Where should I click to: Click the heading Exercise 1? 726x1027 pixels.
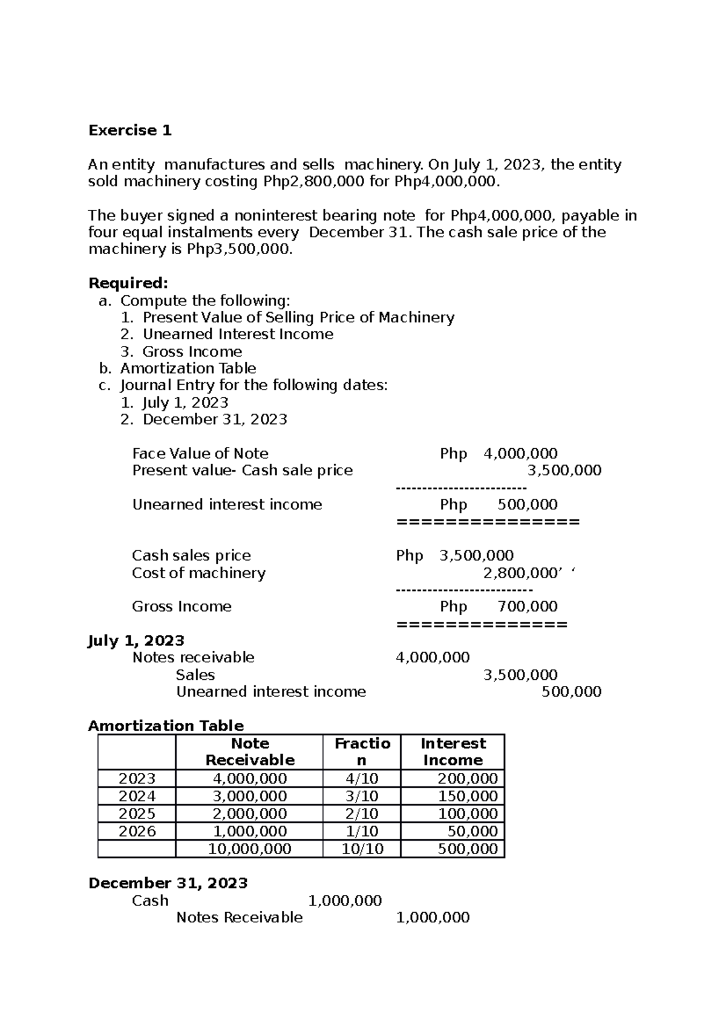[130, 131]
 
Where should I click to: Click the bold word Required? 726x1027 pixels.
[128, 283]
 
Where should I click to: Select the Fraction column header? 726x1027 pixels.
[362, 752]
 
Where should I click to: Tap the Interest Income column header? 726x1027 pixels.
[453, 752]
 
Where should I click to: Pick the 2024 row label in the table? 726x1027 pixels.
[137, 796]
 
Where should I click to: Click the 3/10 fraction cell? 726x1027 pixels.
[362, 796]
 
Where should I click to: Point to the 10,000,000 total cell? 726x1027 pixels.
[249, 849]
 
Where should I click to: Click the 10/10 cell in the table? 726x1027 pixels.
[362, 849]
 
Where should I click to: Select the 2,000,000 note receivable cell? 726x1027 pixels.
[249, 813]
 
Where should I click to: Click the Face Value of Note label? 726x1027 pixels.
[200, 454]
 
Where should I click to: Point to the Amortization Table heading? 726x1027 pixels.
[166, 726]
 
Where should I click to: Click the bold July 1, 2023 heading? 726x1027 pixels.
[136, 641]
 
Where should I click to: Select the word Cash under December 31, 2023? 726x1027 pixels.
[150, 901]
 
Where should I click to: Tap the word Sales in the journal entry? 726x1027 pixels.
[195, 675]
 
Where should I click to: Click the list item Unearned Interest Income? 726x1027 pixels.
[238, 334]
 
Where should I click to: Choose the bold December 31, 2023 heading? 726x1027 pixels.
[168, 883]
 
